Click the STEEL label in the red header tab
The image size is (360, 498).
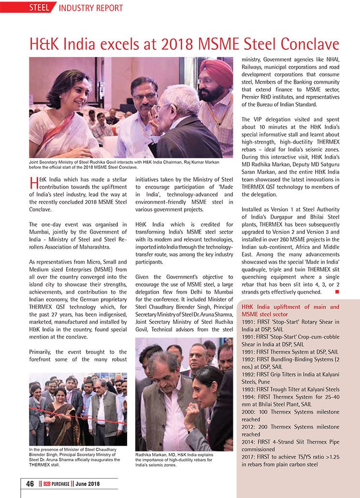[x=39, y=8]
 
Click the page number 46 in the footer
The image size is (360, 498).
[x=29, y=484]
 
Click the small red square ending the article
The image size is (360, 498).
[x=337, y=292]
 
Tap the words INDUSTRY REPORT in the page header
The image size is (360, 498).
[x=91, y=8]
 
